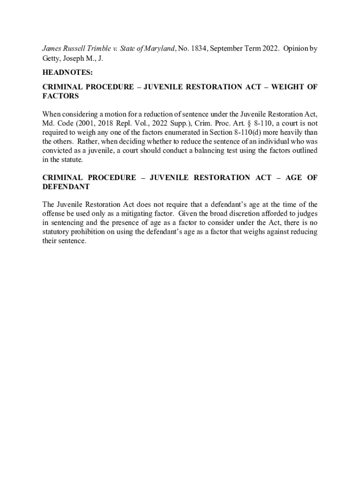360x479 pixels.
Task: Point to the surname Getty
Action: (x=52, y=59)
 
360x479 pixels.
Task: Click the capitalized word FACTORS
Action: (x=60, y=96)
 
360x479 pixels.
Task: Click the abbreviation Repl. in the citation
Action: (x=132, y=123)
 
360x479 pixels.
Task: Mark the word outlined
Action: (x=304, y=151)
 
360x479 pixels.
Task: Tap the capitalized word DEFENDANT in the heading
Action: (x=66, y=187)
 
